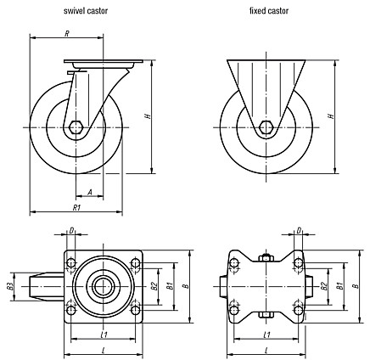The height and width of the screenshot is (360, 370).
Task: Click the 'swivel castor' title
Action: pyautogui.click(x=86, y=11)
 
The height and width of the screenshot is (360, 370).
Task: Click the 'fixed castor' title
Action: pyautogui.click(x=269, y=11)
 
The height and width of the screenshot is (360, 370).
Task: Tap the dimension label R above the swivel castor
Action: pyautogui.click(x=67, y=34)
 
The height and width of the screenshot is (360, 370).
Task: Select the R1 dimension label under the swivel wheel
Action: pyautogui.click(x=77, y=208)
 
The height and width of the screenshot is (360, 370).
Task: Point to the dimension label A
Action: pyautogui.click(x=90, y=193)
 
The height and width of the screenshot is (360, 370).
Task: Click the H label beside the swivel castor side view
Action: pyautogui.click(x=148, y=116)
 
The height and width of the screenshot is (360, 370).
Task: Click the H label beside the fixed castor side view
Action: pyautogui.click(x=331, y=116)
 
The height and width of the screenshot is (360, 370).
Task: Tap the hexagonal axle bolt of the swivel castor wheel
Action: pyautogui.click(x=76, y=127)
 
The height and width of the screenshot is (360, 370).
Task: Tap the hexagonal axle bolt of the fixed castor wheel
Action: pyautogui.click(x=266, y=127)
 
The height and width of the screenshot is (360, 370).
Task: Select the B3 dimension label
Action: pyautogui.click(x=10, y=286)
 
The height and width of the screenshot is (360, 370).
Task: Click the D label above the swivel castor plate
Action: pyautogui.click(x=71, y=231)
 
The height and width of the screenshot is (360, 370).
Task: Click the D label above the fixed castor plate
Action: pyautogui.click(x=299, y=231)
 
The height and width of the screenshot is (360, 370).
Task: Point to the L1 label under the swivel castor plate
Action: pyautogui.click(x=104, y=335)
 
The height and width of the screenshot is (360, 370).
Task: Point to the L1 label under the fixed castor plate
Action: pyautogui.click(x=266, y=335)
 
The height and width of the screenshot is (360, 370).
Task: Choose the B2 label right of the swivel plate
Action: pyautogui.click(x=154, y=286)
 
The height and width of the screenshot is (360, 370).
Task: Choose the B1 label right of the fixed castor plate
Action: pyautogui.click(x=340, y=286)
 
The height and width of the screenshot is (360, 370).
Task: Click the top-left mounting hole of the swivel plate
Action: pyautogui.click(x=70, y=263)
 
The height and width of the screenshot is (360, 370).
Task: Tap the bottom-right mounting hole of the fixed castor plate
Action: pyautogui.click(x=298, y=310)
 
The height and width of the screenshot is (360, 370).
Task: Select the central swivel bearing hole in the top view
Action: pyautogui.click(x=100, y=287)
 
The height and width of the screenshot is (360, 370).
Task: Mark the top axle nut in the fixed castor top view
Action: pyautogui.click(x=266, y=258)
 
